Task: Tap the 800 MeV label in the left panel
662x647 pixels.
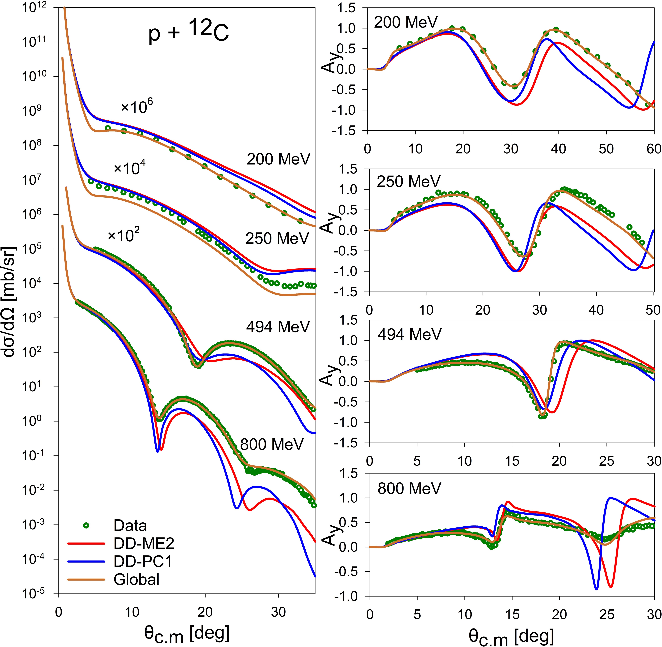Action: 272,444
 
